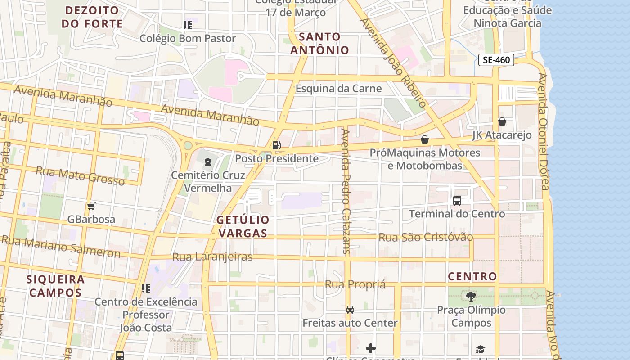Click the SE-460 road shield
[x=496, y=60]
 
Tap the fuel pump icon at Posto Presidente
[x=276, y=145]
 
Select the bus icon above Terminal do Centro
[x=457, y=201]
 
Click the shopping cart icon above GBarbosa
[x=91, y=207]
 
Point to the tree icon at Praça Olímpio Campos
[x=471, y=297]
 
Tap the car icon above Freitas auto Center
[x=350, y=310]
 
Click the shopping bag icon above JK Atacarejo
[x=502, y=122]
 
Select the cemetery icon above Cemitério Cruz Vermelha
[x=208, y=162]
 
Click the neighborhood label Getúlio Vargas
[x=243, y=227]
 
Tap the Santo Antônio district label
[x=319, y=43]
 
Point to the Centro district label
[x=472, y=276]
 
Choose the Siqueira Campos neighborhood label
[x=55, y=286]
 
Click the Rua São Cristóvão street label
[x=426, y=237]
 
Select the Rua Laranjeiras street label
[x=212, y=257]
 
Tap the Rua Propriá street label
[x=355, y=284]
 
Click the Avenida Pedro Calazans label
[x=346, y=191]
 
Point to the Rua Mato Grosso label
[x=80, y=176]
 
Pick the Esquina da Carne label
[x=338, y=89]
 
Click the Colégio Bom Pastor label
[x=188, y=39]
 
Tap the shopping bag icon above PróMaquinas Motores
[x=424, y=140]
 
